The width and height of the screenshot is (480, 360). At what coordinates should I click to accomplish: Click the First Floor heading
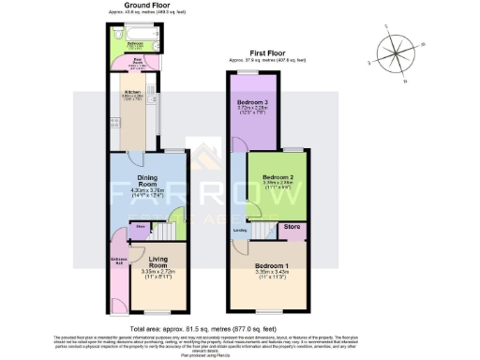(267, 55)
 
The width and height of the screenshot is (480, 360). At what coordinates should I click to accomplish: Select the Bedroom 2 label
(278, 177)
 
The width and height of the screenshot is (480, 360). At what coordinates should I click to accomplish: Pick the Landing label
(240, 229)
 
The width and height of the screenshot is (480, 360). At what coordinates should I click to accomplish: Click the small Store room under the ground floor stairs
(139, 227)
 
